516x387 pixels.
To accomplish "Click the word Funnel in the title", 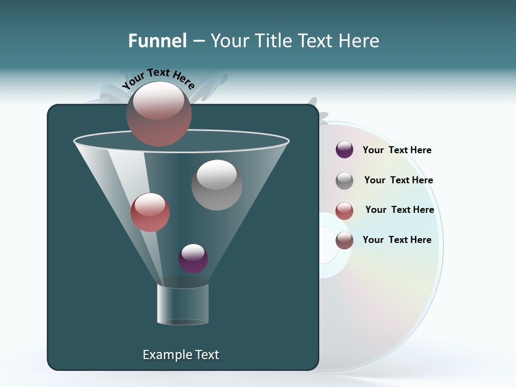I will point(157,41).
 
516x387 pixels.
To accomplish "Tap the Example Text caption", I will point(181,355).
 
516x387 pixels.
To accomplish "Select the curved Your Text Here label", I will point(159,78).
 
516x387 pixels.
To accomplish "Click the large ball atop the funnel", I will point(159,114).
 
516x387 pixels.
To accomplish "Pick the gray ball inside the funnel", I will point(217,185).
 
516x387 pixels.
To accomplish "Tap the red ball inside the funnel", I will point(150,212).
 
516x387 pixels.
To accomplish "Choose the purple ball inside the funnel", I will point(193,258).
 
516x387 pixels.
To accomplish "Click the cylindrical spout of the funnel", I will point(183,304).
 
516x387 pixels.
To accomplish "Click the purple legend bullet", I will point(345,150).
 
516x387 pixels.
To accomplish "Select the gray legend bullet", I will point(345,180).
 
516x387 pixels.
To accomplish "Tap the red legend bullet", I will point(345,210).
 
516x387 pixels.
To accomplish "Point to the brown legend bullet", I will point(345,240).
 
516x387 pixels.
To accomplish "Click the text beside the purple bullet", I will point(397,150).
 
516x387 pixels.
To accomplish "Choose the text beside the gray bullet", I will point(398,180).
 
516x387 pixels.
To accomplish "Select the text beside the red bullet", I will point(399,210).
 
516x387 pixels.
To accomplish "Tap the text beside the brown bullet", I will point(397,240).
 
